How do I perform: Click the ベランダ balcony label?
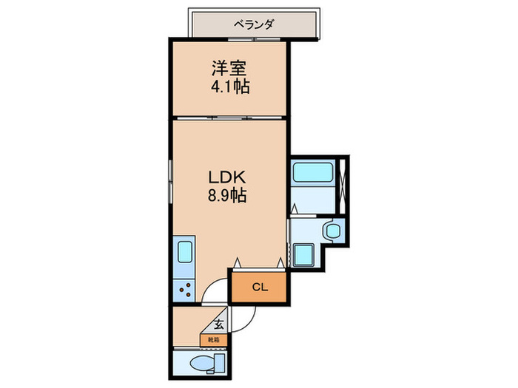point(254,24)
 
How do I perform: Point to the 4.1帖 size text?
point(229,87)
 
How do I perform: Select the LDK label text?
point(221,179)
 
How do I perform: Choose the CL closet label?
point(259,287)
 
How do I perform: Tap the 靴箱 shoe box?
point(214,338)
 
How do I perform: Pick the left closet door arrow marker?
point(237,262)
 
